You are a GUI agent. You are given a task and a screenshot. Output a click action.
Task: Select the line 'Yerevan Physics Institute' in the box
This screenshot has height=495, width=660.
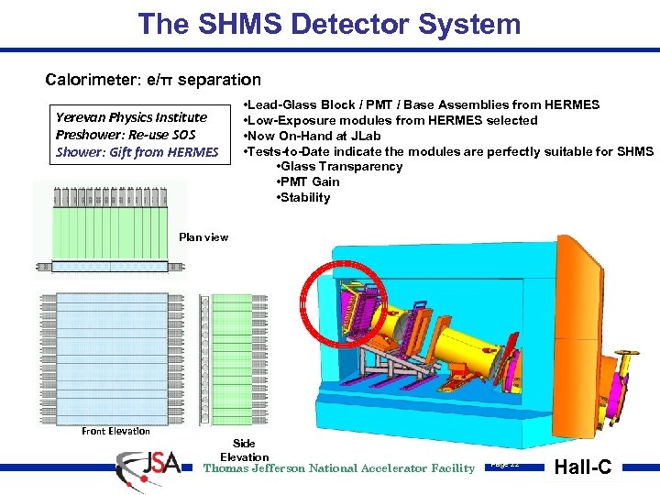click(131, 117)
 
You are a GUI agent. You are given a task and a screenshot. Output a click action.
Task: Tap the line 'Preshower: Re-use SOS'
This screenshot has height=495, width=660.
click(126, 135)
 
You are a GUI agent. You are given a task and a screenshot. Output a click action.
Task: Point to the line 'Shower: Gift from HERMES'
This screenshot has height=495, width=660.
click(137, 152)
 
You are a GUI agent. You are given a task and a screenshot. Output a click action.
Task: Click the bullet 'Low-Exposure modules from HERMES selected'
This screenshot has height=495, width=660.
click(390, 120)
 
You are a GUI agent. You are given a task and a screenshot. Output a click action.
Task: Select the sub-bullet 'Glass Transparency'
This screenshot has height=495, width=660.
click(338, 166)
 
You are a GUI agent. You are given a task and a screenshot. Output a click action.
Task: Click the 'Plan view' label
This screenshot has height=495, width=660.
click(203, 237)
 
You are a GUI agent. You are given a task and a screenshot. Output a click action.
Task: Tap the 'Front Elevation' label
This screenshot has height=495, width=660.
click(115, 431)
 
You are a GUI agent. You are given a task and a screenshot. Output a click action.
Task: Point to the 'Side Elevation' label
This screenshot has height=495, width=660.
click(245, 450)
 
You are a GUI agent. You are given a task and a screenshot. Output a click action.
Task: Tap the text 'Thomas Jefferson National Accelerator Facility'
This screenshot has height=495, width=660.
click(339, 468)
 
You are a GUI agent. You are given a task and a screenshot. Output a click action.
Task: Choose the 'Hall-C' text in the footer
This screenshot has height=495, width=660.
click(586, 467)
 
